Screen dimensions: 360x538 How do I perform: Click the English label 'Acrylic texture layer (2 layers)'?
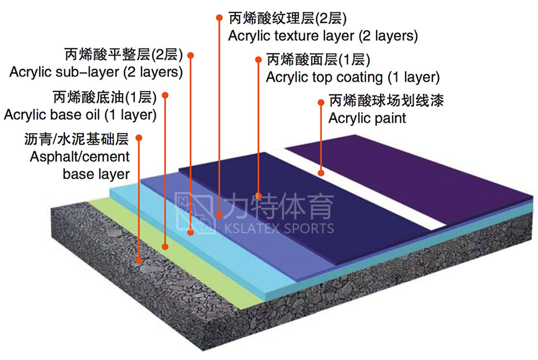[x=323, y=36]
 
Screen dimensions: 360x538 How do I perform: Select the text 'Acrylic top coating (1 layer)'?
[x=352, y=77]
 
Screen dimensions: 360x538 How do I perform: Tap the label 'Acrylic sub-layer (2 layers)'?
[x=96, y=73]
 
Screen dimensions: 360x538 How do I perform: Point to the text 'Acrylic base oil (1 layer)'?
[x=80, y=115]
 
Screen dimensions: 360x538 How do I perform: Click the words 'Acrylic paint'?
[x=367, y=119]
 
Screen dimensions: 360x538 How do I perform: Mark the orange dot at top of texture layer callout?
[x=219, y=18]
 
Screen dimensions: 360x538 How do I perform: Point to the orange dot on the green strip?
[x=165, y=247]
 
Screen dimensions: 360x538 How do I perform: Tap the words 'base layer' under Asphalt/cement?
[x=96, y=174]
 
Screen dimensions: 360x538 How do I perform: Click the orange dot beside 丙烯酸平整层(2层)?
[x=191, y=56]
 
